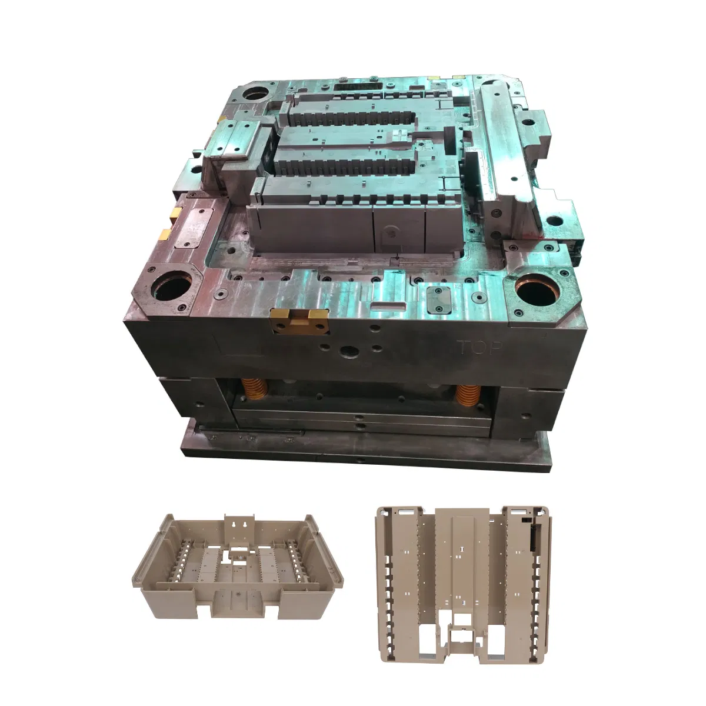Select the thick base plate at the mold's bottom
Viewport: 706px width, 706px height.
(365, 450)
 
